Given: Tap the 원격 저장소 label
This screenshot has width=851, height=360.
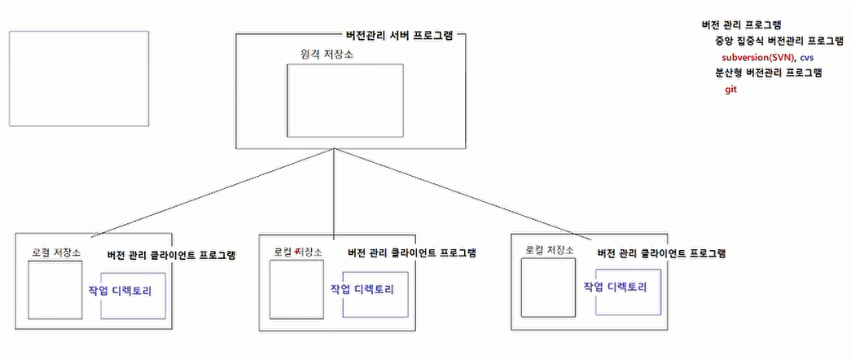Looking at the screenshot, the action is pos(327,54).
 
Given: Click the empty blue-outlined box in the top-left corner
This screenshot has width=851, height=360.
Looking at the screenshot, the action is pos(79,78).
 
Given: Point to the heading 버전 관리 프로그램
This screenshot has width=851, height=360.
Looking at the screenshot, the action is pos(741,25).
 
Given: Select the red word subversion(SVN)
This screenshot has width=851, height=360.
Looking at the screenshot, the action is pos(757,58).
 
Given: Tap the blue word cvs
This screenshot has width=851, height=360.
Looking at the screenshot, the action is pos(807,58).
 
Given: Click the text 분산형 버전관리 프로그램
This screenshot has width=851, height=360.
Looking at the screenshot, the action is pos(768,73).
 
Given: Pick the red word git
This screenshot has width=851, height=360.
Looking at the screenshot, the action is pos(730,90).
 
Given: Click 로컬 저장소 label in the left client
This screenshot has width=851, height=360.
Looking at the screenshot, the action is pos(56,252).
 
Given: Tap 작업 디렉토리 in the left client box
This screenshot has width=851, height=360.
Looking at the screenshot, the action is pos(120,290).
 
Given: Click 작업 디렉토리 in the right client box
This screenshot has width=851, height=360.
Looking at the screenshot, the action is pos(616,288).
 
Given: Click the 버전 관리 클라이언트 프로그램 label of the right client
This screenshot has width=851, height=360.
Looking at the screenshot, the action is pos(661,254).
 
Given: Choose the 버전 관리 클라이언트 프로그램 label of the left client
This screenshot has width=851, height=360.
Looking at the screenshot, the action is pos(171,255).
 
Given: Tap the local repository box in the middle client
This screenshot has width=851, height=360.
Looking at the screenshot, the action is pos(292,289).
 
